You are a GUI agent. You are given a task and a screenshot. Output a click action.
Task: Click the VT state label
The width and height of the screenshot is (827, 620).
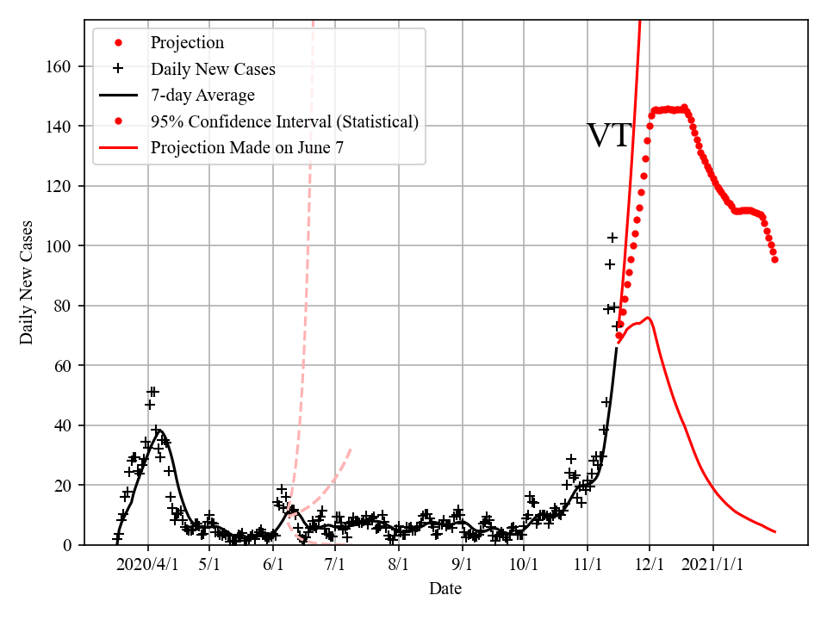609,136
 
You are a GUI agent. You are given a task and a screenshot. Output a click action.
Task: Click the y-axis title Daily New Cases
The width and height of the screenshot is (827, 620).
27,282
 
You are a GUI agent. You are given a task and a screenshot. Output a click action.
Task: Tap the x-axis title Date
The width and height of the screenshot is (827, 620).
445,589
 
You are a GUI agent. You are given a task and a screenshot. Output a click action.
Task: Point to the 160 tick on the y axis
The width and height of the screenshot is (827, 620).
61,66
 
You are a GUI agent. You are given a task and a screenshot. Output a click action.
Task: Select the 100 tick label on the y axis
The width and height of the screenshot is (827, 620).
61,246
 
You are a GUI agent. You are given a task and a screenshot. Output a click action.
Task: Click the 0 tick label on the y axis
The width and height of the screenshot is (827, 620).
68,545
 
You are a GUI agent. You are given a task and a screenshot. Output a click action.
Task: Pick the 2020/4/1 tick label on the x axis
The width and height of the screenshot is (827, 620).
147,565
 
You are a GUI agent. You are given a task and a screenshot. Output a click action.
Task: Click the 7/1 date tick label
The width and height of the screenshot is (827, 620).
335,565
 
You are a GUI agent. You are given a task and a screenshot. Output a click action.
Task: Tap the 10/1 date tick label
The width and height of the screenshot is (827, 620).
524,565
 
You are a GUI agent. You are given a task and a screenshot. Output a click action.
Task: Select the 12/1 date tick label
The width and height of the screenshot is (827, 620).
650,565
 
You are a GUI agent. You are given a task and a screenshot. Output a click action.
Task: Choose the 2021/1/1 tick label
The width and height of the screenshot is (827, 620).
713,565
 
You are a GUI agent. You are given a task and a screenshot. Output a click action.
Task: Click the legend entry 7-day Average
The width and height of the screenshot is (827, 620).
202,96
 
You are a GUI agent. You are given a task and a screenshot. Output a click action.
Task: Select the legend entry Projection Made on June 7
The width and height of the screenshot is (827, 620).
246,147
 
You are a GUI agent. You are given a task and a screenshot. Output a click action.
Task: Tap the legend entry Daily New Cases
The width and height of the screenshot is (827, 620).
213,70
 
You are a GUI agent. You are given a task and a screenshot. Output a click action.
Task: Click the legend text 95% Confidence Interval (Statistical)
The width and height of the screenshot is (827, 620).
284,121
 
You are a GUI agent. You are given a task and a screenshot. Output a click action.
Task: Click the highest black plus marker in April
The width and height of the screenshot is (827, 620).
153,392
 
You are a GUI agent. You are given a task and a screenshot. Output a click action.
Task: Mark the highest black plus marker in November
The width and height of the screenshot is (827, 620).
612,238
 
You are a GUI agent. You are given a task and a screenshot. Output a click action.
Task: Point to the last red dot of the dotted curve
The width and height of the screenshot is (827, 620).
774,259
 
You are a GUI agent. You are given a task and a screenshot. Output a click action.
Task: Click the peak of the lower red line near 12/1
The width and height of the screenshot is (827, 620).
648,318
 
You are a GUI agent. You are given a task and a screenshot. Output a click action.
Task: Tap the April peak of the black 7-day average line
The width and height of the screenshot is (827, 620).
159,431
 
